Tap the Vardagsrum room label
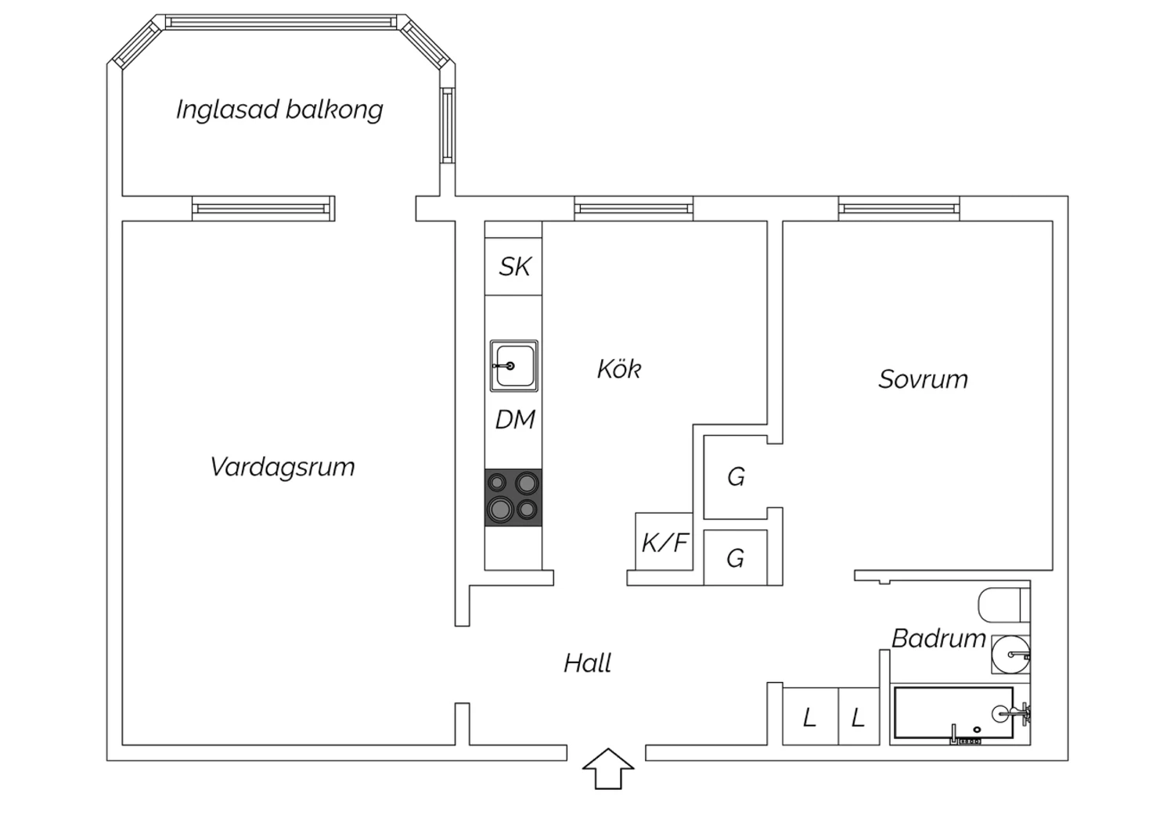click(283, 467)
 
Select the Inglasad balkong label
click(279, 110)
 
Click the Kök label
click(619, 368)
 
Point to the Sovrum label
click(923, 379)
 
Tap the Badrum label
click(938, 638)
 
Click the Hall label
click(588, 663)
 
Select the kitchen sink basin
click(513, 365)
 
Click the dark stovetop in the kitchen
click(513, 497)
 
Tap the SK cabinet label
click(515, 267)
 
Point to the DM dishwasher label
click(515, 419)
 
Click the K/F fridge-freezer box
click(664, 541)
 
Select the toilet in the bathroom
click(1003, 605)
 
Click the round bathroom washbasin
click(1010, 654)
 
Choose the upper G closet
click(736, 476)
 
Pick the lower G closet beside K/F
click(736, 557)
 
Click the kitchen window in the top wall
click(634, 209)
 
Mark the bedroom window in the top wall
click(899, 209)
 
